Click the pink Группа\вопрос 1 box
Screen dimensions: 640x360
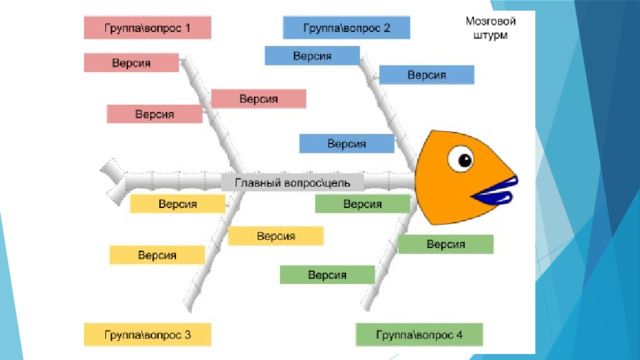(147, 28)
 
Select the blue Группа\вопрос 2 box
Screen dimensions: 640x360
(347, 28)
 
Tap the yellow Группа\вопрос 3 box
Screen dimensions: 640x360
(147, 335)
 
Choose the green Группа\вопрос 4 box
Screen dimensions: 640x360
(419, 335)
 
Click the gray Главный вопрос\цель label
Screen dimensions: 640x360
(292, 182)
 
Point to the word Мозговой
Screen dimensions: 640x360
(491, 21)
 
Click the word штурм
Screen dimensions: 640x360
(491, 35)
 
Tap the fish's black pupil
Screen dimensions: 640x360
(465, 160)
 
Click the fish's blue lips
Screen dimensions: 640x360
(495, 191)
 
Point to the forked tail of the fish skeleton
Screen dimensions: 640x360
(113, 181)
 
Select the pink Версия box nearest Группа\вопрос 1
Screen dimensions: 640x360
(131, 63)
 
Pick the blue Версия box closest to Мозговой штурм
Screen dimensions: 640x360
(427, 75)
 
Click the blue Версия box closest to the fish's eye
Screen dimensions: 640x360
(347, 144)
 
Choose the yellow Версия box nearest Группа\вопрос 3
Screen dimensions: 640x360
(157, 255)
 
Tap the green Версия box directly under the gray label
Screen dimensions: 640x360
(362, 204)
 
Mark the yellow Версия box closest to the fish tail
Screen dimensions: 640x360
(178, 204)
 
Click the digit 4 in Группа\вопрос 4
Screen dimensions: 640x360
(459, 335)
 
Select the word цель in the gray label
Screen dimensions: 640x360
(337, 183)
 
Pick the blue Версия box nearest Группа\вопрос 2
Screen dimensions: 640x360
(312, 56)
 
